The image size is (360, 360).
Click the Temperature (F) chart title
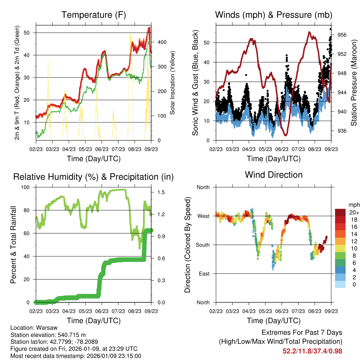(x=94, y=15)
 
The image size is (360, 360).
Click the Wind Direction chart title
(x=274, y=175)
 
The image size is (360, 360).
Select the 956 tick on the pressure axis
(x=342, y=35)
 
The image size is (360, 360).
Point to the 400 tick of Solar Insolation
(x=162, y=42)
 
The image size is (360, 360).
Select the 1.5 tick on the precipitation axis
(x=161, y=192)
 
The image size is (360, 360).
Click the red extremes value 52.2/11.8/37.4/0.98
(x=312, y=351)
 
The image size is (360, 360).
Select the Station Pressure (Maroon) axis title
(x=354, y=83)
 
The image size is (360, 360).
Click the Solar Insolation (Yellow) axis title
(x=173, y=83)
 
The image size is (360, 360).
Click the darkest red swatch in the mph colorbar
(x=340, y=212)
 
